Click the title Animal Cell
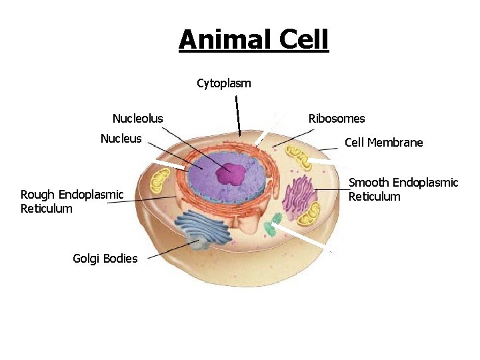tap(253, 39)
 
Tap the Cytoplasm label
tap(224, 83)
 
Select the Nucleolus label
tap(137, 119)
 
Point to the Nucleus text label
tap(121, 139)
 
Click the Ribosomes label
tap(337, 119)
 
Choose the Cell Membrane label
tap(383, 143)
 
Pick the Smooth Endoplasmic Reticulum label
tap(403, 189)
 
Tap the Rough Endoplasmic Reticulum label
tap(72, 201)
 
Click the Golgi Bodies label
tap(105, 259)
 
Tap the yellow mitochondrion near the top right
tap(298, 158)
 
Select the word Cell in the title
tap(303, 39)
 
